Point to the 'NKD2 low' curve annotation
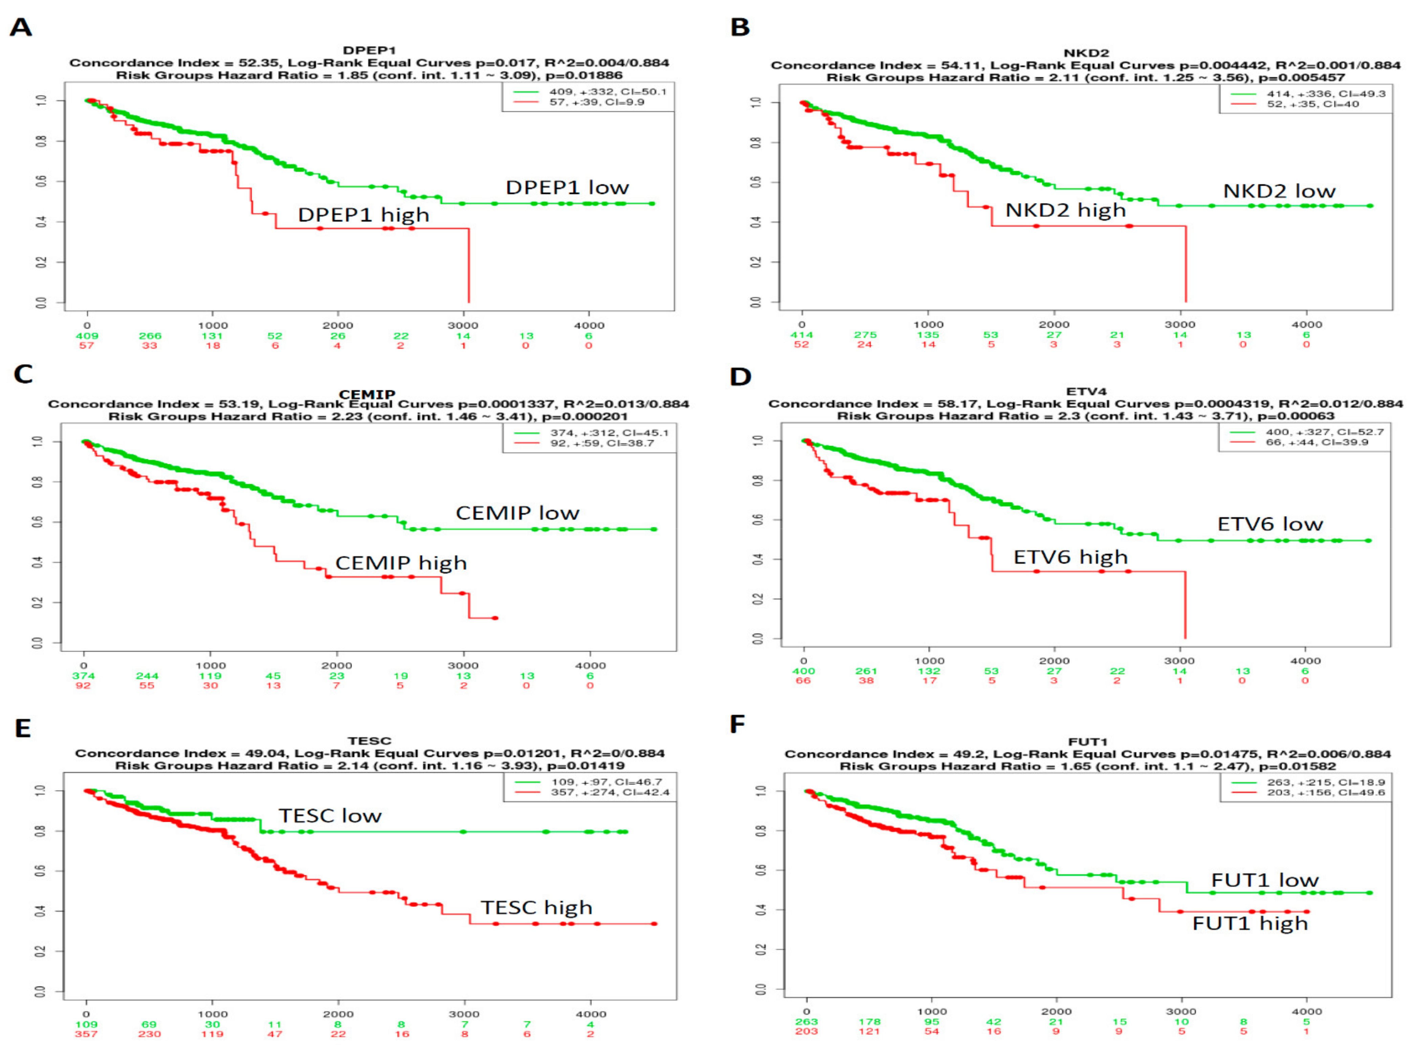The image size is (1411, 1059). (1279, 191)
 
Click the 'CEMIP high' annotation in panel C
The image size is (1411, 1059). (401, 563)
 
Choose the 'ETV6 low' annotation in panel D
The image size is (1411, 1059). (1270, 524)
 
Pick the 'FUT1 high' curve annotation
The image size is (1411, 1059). (1250, 923)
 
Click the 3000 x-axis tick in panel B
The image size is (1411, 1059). (1180, 324)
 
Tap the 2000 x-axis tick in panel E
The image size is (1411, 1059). (338, 1014)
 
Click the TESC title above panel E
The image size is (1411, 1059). (369, 741)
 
